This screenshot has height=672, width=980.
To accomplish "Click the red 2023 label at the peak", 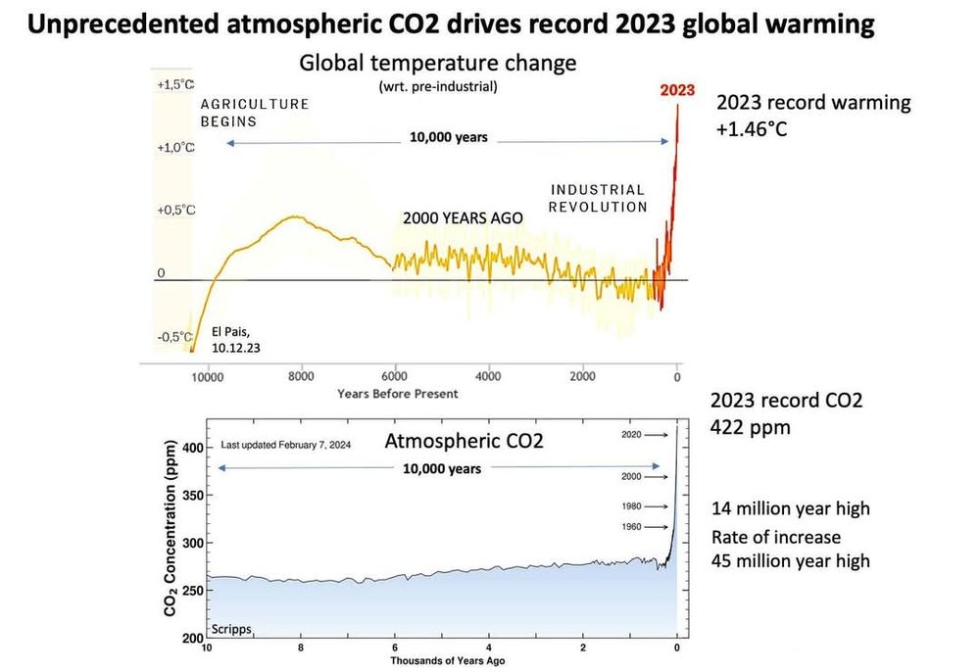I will [676, 90].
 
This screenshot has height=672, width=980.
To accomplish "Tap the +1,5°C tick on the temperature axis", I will [176, 85].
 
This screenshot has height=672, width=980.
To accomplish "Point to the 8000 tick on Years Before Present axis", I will [300, 376].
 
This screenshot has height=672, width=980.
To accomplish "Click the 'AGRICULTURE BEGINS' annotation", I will [255, 113].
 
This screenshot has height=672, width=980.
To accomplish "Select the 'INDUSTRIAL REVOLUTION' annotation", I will [598, 198].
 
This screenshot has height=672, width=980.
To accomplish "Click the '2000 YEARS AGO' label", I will [459, 217].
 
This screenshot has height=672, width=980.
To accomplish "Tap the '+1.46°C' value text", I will [752, 129].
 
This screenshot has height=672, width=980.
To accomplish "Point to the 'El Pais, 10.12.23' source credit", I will [236, 339].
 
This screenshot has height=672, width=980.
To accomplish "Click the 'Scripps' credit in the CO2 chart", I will [231, 627].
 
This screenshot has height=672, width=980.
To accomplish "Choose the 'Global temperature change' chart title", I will [438, 64].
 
